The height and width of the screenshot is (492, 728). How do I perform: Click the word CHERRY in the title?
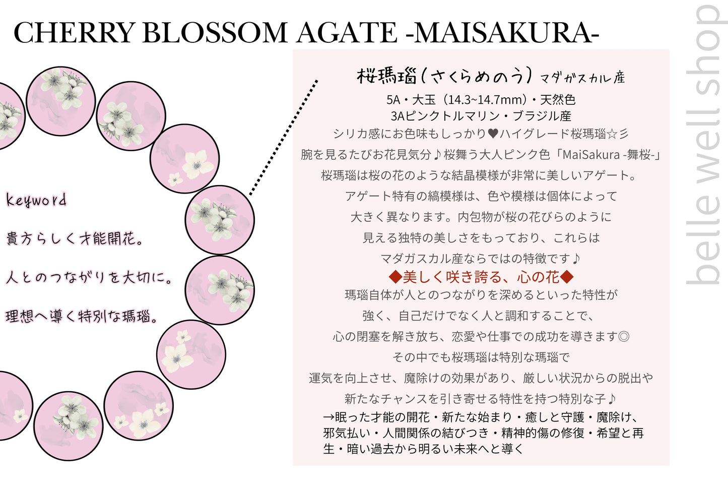(75, 33)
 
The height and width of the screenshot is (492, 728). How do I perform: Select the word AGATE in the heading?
(347, 33)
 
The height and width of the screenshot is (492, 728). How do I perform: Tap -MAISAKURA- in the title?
(502, 33)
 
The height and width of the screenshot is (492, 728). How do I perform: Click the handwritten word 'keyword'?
(36, 200)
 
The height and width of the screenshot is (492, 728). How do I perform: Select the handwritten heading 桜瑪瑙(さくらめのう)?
(444, 76)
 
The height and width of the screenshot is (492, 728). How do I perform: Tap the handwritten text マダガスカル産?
(582, 78)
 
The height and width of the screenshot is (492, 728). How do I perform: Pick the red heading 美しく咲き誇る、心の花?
(481, 277)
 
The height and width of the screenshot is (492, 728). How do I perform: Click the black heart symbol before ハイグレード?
(493, 134)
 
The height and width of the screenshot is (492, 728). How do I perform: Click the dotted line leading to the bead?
(284, 137)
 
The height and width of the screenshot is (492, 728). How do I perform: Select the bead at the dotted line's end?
(220, 220)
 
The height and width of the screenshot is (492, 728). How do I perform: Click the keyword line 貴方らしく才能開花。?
(74, 238)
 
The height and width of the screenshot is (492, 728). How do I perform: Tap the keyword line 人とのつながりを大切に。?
(89, 277)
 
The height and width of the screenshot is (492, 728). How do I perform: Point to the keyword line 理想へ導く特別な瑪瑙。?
(82, 317)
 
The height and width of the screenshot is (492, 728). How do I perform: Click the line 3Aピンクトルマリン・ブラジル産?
(481, 116)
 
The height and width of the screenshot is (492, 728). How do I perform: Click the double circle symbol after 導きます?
(623, 336)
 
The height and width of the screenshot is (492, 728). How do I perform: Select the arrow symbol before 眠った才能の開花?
(328, 417)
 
